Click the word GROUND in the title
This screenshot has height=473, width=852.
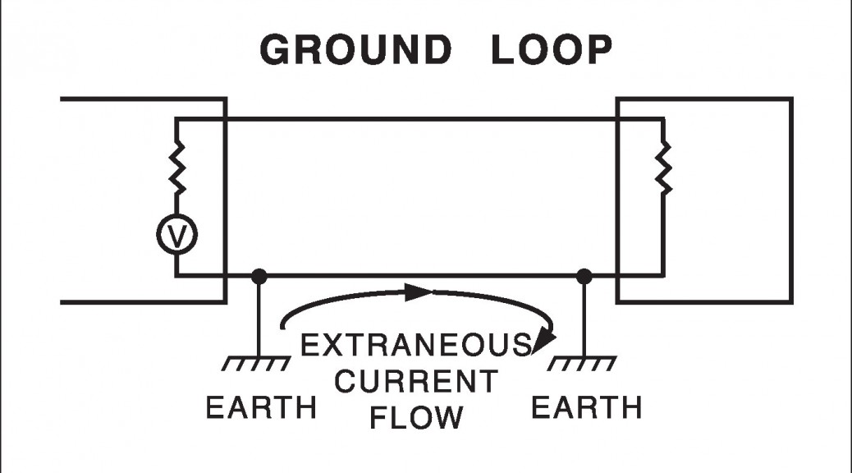355,51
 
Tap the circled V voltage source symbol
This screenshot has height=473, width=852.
176,236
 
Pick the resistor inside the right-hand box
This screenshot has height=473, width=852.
662,168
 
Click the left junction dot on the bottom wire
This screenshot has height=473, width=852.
259,276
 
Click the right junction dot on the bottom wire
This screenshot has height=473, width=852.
584,276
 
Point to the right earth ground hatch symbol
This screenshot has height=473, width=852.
584,362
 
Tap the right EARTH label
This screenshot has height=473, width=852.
586,408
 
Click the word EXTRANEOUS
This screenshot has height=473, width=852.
415,346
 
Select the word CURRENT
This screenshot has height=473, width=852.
417,382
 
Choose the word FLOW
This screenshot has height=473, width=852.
416,417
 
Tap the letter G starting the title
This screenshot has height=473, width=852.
277,51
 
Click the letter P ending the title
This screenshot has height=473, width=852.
598,51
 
